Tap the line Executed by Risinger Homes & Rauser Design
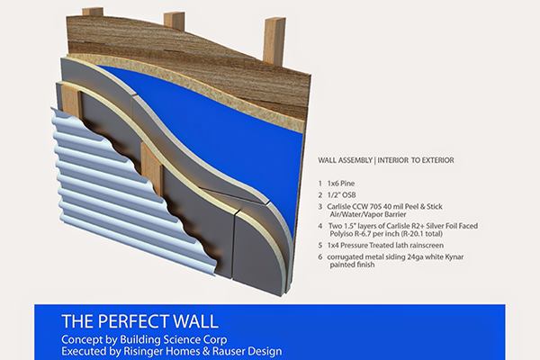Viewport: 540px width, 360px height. [x=172, y=349]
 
